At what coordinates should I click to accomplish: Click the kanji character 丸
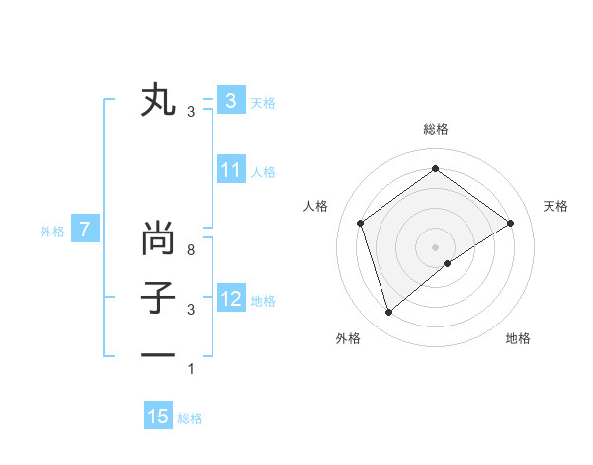159,101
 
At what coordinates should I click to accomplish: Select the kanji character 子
159,298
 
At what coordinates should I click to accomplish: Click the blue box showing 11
230,170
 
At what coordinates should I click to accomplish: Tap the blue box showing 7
85,231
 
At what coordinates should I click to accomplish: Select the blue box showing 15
158,417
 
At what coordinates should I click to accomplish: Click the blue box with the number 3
230,100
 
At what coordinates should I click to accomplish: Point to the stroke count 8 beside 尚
191,251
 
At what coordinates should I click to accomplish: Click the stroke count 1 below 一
191,369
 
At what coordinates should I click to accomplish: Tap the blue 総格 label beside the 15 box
190,418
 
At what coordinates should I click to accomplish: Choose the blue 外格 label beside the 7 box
52,232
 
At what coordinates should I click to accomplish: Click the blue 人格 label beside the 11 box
263,172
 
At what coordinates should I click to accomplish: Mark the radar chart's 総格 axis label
435,129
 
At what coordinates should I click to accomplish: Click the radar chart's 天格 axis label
556,206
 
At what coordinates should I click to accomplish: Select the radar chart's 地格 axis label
518,338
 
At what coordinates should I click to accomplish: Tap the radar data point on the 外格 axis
388,313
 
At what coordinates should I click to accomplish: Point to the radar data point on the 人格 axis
360,223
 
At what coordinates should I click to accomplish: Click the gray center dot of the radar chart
435,246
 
